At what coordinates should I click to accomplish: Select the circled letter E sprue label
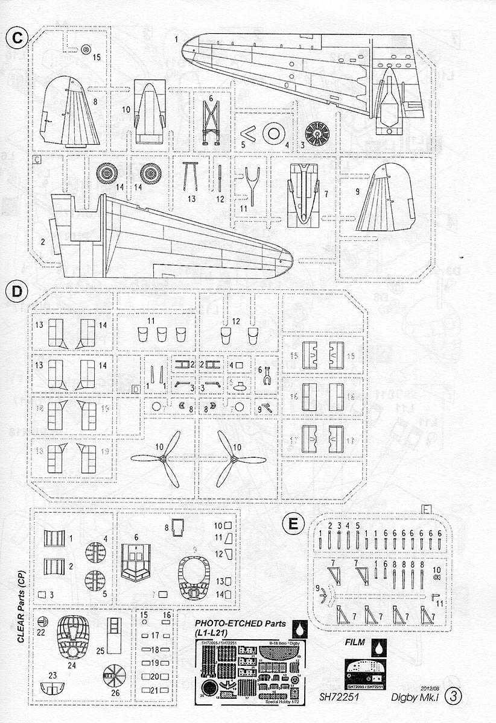293,524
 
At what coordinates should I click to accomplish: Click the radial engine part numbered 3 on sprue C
316,134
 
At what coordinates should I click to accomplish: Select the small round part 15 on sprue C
86,49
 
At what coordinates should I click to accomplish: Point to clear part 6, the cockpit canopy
136,560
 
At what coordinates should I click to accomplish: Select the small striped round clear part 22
42,621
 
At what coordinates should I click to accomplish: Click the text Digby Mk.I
419,712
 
